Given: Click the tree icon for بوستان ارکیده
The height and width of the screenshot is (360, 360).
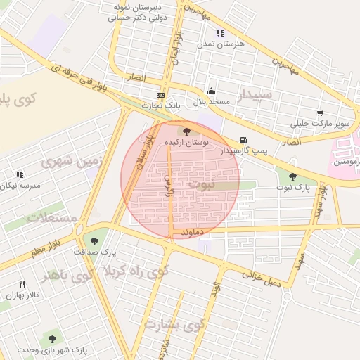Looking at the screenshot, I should pos(186,131).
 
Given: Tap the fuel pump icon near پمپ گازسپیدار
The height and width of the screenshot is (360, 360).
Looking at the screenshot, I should pos(243,140).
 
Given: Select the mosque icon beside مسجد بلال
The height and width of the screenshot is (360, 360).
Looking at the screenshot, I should pos(211,91).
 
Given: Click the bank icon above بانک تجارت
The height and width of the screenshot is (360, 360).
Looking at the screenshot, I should pos(161,95).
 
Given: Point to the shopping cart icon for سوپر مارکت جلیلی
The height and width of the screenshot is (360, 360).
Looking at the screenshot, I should pos(320,113).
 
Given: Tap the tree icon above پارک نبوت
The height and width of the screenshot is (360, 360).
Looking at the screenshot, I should pos(292,176).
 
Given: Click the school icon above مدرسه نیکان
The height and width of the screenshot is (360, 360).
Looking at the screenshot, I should pos(20,174).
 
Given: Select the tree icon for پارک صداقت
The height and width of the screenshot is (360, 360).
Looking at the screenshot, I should pos(94,241).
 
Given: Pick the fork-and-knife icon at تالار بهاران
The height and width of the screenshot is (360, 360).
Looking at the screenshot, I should pos(22,284).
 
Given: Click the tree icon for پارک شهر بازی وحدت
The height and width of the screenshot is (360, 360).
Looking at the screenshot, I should pos(50,338).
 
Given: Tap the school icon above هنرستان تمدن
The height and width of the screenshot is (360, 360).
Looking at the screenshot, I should pos(220,33).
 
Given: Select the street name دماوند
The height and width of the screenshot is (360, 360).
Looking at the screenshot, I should pos(192,231).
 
